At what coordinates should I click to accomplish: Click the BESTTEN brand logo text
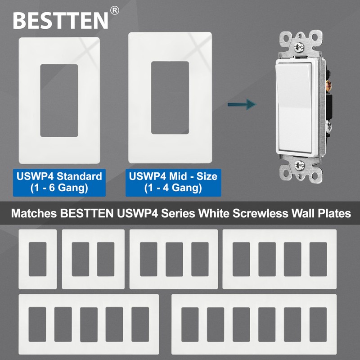(61, 19)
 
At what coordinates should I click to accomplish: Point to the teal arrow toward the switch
(241, 105)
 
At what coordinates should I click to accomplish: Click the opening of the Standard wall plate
(59, 100)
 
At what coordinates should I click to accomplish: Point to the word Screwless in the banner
(255, 213)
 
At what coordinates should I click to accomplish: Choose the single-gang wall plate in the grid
(37, 259)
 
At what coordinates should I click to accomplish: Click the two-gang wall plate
(93, 259)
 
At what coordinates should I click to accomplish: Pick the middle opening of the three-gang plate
(174, 259)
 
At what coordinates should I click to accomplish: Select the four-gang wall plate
(279, 259)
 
